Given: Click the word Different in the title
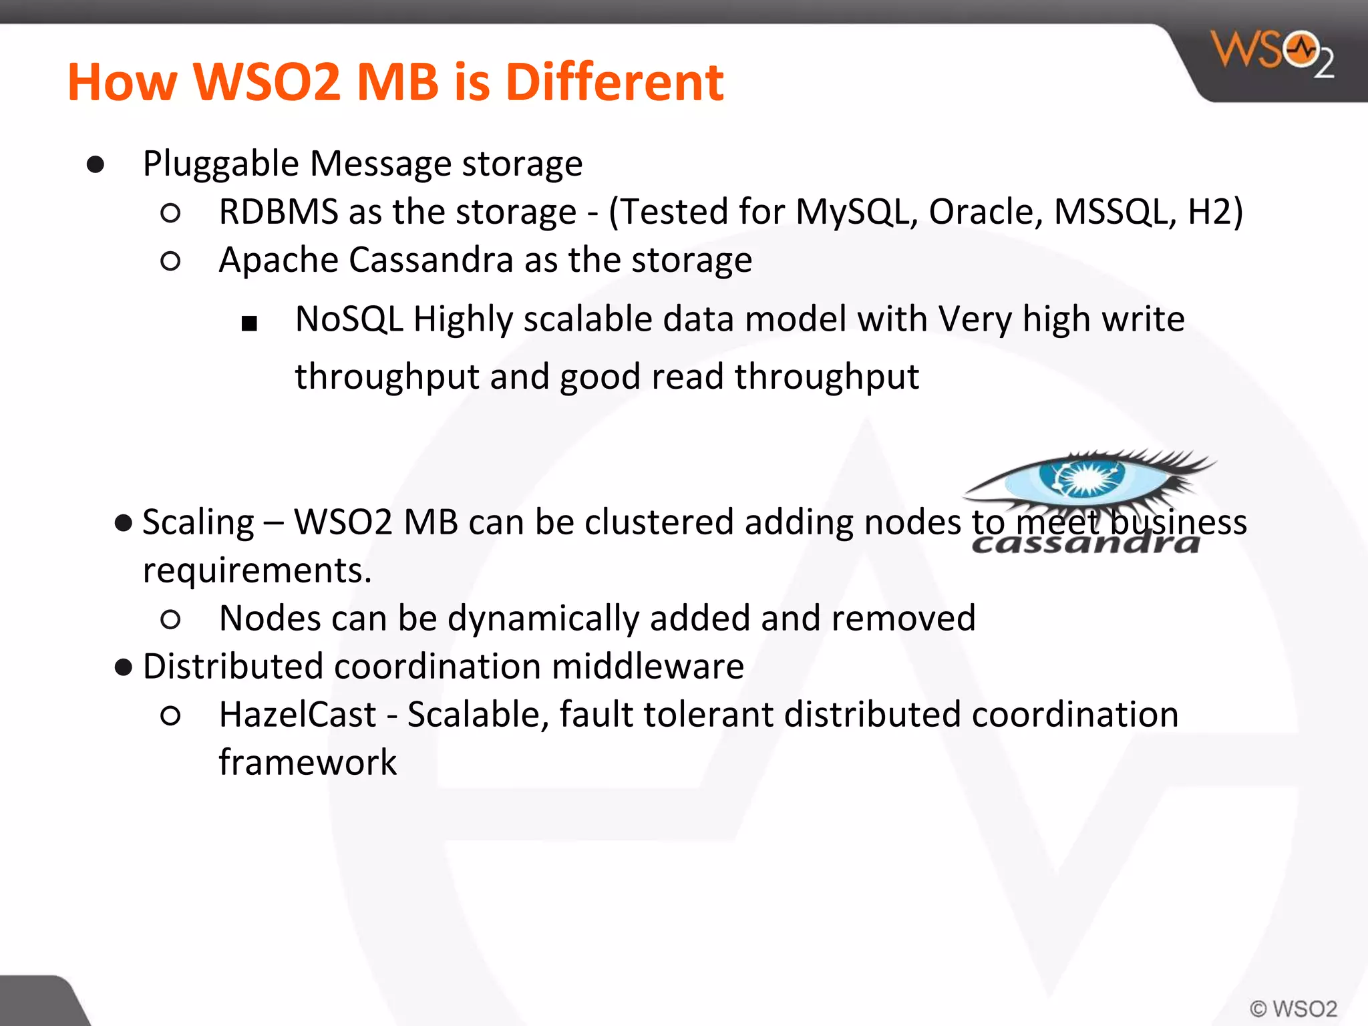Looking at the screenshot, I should pos(614,82).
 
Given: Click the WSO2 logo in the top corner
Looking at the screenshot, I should pos(1272,53).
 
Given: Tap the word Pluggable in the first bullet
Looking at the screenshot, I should pos(220,164).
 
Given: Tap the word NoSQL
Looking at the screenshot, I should pos(349,319).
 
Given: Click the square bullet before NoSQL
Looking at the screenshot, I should pos(249,324).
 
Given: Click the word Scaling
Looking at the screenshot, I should pos(198,523).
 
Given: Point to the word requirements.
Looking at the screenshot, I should pos(257,570).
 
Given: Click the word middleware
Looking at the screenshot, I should pos(647,667).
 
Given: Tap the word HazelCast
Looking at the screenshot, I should pos(297,715).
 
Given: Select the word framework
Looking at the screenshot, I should pos(308,763).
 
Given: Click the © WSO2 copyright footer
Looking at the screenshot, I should pos(1293,1008).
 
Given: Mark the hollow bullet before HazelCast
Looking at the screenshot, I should pos(171,716).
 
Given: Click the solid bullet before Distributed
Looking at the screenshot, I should pos(124,667).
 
